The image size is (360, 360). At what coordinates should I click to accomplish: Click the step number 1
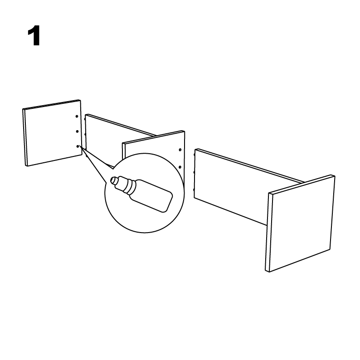tap(34, 35)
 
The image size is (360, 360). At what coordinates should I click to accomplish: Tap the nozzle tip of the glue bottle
tap(113, 180)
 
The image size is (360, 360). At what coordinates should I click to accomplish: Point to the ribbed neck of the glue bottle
tap(126, 185)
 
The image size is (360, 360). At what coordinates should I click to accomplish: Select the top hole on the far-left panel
tap(77, 117)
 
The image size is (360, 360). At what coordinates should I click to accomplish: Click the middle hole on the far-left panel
tap(78, 131)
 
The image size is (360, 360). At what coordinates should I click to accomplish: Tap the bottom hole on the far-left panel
tap(78, 146)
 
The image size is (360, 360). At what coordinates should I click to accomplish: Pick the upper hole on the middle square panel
tap(180, 150)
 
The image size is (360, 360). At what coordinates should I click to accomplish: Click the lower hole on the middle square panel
tap(180, 167)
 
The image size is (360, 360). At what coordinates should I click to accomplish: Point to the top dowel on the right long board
tap(195, 155)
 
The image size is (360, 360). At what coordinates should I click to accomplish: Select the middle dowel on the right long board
tap(195, 172)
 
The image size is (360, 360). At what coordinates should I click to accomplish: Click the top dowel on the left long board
tap(85, 119)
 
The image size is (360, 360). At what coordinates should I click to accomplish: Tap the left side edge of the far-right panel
tap(268, 232)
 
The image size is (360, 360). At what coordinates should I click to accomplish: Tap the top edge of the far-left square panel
tap(51, 104)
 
